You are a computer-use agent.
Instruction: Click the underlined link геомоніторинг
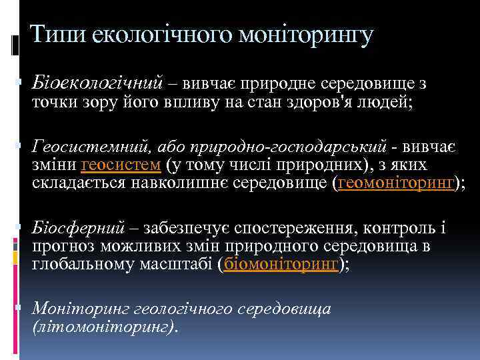[x=396, y=182]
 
